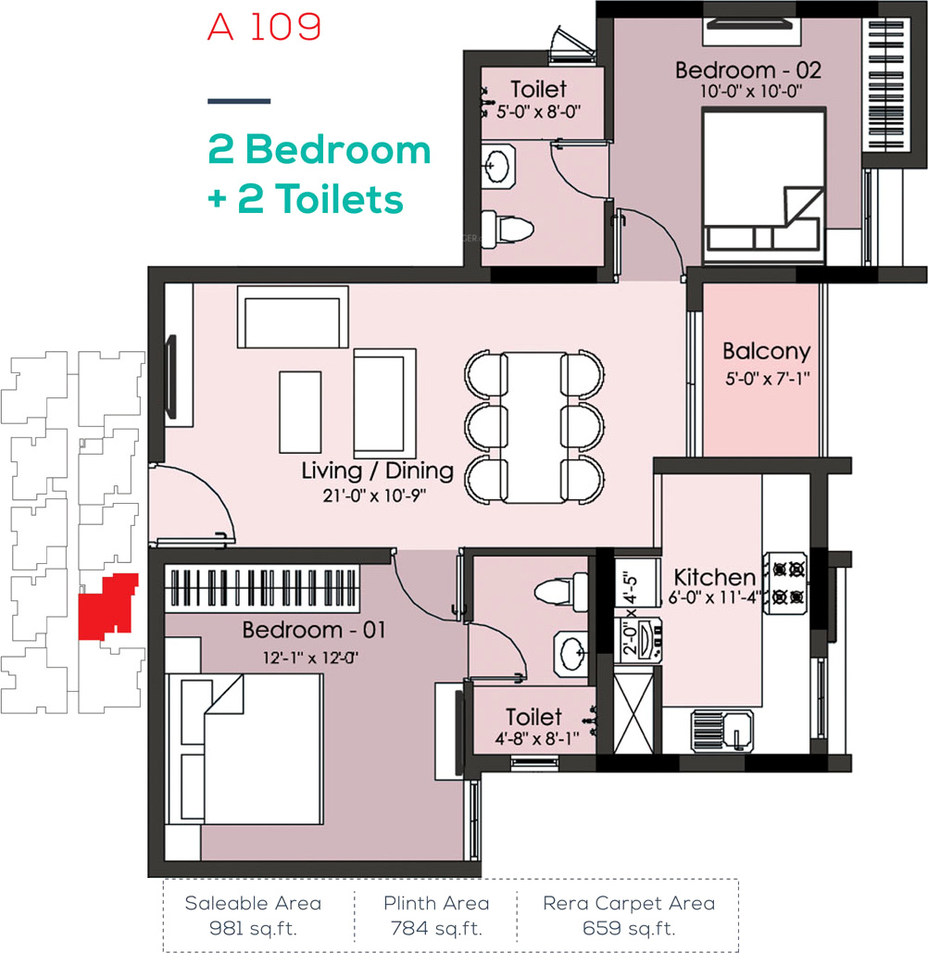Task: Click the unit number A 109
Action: [x=264, y=27]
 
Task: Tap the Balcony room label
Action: [x=766, y=351]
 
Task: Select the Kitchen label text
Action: [x=715, y=577]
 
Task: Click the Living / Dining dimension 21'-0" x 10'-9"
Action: [x=374, y=496]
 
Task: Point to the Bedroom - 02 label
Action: [x=748, y=69]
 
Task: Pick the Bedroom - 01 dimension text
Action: [x=310, y=658]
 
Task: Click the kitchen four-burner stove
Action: [x=786, y=583]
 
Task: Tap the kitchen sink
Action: [x=722, y=730]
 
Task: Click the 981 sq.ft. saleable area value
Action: [x=253, y=929]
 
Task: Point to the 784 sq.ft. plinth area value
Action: [x=436, y=929]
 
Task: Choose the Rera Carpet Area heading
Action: [x=629, y=904]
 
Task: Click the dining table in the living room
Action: [x=534, y=427]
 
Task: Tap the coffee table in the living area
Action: [x=300, y=412]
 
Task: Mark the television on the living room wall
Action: [x=171, y=377]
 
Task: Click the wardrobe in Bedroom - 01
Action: [x=262, y=588]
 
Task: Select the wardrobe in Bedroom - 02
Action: [x=886, y=85]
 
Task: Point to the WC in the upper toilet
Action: [x=508, y=229]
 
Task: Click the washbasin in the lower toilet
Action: [x=571, y=654]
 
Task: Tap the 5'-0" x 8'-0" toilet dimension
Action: [x=538, y=112]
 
